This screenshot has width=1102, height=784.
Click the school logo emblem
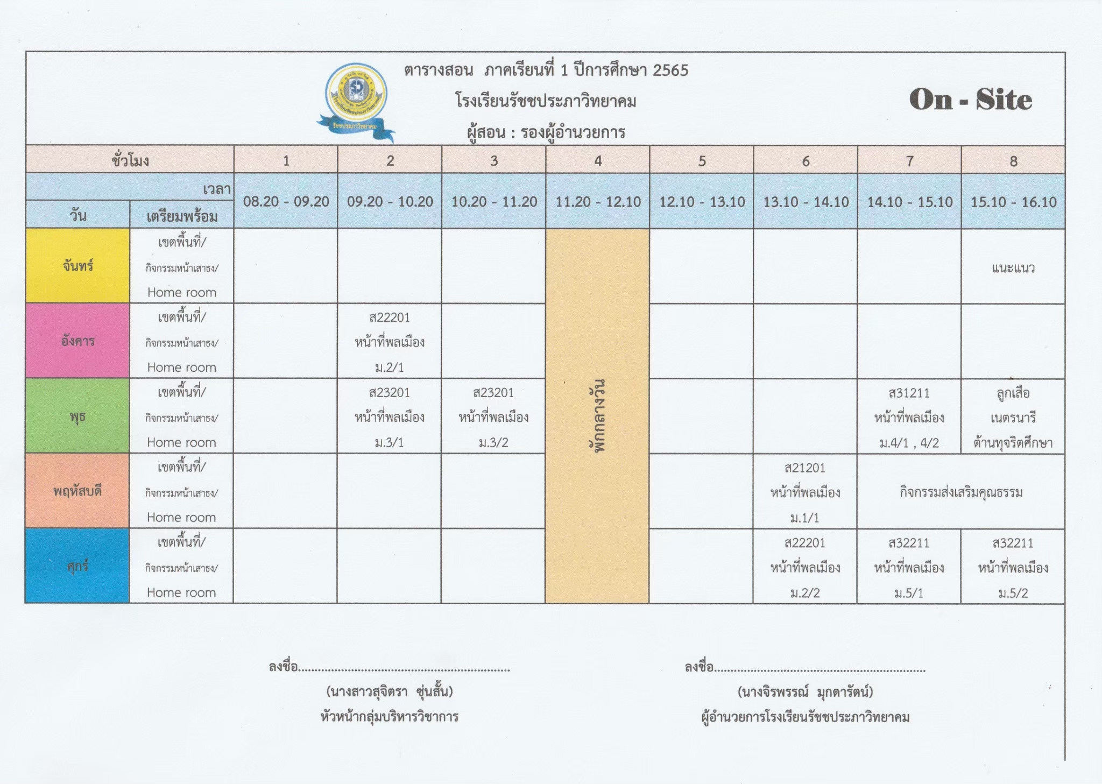(x=356, y=100)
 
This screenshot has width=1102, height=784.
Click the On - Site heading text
(x=970, y=100)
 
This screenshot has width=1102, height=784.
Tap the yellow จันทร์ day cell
(x=78, y=266)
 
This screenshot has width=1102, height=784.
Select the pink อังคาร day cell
(x=78, y=341)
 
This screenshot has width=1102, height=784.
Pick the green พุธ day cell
(x=78, y=416)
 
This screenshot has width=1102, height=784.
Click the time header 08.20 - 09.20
(x=286, y=202)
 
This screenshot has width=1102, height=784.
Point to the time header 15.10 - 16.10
(x=1013, y=202)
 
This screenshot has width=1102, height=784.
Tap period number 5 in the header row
(x=702, y=160)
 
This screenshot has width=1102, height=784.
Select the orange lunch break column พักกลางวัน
(x=597, y=415)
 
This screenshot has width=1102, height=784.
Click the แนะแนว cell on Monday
(x=1013, y=267)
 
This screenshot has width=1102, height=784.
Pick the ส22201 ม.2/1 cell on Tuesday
(x=390, y=342)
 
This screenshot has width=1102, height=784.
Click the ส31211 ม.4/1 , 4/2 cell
(x=909, y=417)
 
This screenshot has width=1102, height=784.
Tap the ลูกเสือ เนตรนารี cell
(x=1013, y=417)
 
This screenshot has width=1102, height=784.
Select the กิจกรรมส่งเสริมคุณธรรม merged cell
(x=961, y=492)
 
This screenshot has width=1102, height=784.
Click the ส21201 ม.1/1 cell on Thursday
(x=805, y=492)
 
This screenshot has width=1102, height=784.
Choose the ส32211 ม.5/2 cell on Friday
(x=1013, y=567)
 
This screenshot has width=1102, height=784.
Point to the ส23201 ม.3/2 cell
(x=493, y=417)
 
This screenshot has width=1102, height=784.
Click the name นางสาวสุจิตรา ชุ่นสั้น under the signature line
(x=390, y=691)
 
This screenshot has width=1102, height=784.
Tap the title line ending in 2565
(x=546, y=70)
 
